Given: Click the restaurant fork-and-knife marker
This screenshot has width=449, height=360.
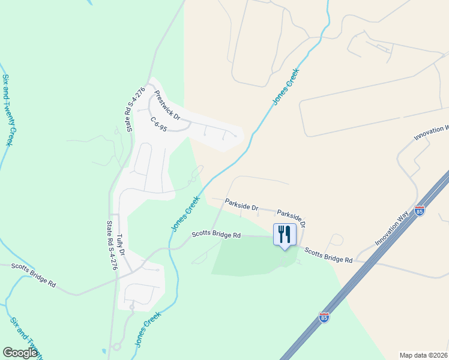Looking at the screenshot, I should (285, 233).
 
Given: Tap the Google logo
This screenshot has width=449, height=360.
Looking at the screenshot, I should (20, 353).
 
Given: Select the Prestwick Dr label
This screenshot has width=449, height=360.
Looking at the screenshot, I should (167, 104).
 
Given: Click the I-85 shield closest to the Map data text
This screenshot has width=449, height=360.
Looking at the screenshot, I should (324, 317).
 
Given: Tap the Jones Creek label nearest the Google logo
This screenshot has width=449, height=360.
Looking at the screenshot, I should (147, 329).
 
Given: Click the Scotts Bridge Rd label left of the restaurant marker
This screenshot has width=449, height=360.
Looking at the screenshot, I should (216, 235).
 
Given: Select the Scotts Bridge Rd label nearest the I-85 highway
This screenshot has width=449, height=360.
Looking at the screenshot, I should (328, 255).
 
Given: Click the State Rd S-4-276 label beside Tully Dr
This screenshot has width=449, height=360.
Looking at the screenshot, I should (111, 245).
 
